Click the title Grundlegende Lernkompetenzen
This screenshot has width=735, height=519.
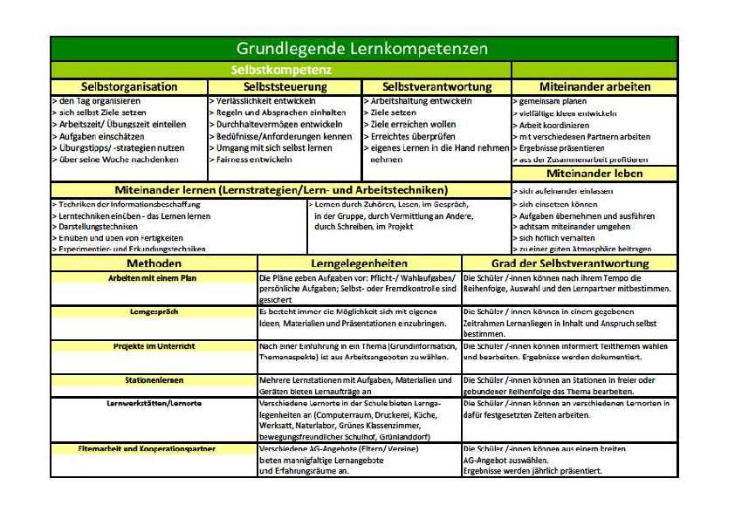(x=362, y=49)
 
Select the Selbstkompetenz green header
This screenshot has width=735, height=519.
(x=280, y=69)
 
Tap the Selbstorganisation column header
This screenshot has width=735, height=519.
(x=129, y=86)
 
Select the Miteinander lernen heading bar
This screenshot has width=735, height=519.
(x=280, y=189)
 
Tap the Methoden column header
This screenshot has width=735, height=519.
(x=154, y=263)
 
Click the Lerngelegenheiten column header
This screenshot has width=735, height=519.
(x=359, y=263)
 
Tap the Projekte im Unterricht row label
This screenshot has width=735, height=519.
(x=153, y=345)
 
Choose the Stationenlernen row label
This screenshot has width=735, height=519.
(x=155, y=380)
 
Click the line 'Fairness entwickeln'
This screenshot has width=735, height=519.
(x=250, y=160)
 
